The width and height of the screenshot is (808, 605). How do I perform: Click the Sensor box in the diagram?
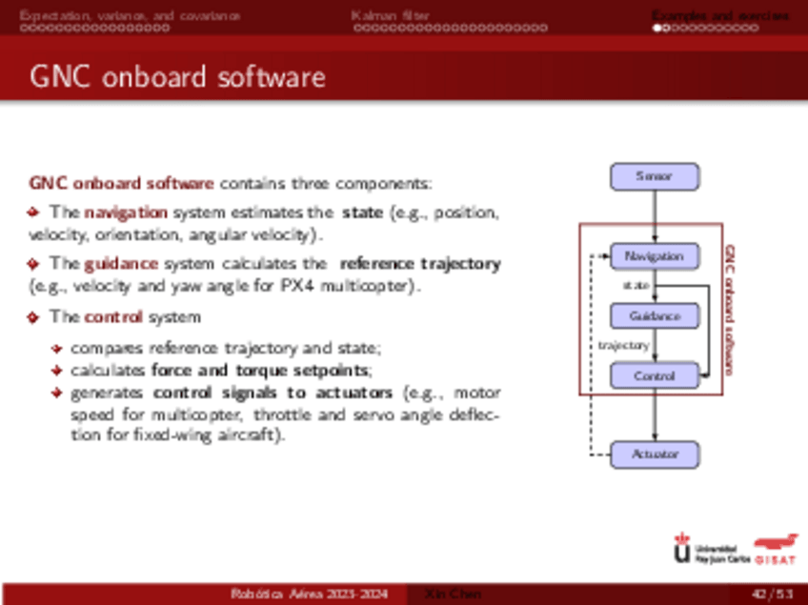654,176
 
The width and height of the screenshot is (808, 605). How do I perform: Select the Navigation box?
654,256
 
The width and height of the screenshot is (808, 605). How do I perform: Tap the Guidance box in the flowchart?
654,316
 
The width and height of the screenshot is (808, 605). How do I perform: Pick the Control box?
654,376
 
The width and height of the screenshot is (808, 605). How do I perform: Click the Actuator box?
654,454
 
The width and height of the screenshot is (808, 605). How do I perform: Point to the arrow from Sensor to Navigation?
655,216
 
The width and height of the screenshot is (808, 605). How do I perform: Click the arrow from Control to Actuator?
655,415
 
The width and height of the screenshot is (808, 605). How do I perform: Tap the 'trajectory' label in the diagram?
623,346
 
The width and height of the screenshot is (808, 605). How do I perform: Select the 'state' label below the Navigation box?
636,285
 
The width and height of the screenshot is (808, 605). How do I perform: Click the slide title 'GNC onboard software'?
178,76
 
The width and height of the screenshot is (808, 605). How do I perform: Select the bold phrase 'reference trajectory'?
419,263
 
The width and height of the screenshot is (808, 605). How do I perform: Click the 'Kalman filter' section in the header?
390,15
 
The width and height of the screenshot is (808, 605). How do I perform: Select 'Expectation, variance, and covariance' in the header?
131,15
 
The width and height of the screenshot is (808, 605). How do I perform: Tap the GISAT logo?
776,550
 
